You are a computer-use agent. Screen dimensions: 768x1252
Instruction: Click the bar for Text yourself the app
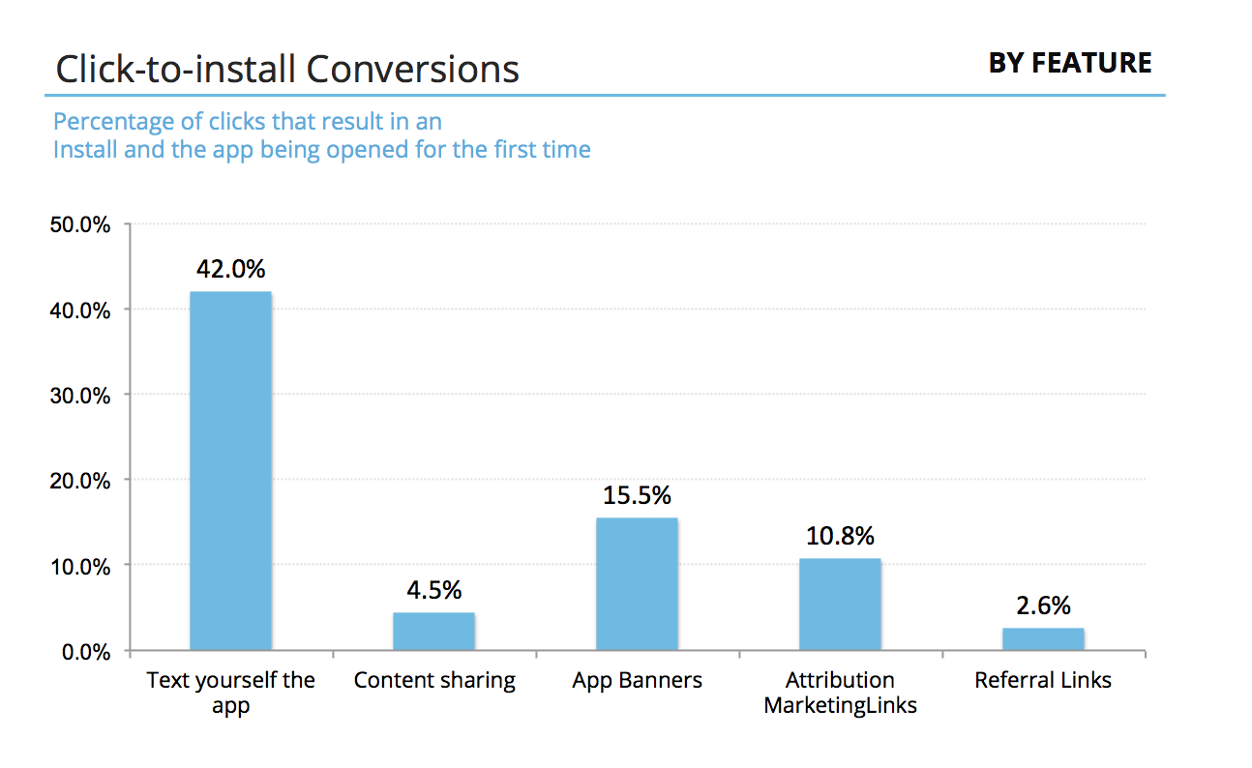click(230, 470)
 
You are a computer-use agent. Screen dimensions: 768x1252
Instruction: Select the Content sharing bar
click(433, 631)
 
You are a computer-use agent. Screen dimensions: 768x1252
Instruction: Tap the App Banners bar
click(637, 583)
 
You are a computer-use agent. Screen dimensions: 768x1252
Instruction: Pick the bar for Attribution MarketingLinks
click(840, 604)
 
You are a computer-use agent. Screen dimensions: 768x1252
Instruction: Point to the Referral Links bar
click(1043, 638)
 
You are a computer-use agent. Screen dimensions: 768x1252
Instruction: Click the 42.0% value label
click(230, 268)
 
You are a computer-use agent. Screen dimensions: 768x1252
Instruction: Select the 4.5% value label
click(433, 589)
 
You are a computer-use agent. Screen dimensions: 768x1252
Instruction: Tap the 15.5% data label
click(637, 495)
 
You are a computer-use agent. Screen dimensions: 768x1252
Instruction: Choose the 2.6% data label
click(1043, 606)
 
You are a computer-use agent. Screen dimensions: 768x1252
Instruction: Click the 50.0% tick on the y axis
click(79, 225)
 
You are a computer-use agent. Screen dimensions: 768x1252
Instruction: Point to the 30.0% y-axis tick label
click(79, 396)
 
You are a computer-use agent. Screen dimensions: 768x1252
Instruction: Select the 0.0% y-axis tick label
click(84, 651)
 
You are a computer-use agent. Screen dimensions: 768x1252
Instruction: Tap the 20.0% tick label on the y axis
click(79, 481)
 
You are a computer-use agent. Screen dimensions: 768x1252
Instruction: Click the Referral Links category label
click(1043, 680)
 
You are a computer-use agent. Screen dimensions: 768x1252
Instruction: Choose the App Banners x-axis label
click(637, 680)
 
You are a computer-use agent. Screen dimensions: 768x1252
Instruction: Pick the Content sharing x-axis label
click(433, 680)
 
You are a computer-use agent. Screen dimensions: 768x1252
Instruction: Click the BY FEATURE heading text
click(1069, 64)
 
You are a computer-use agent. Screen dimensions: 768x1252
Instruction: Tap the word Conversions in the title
click(413, 70)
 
